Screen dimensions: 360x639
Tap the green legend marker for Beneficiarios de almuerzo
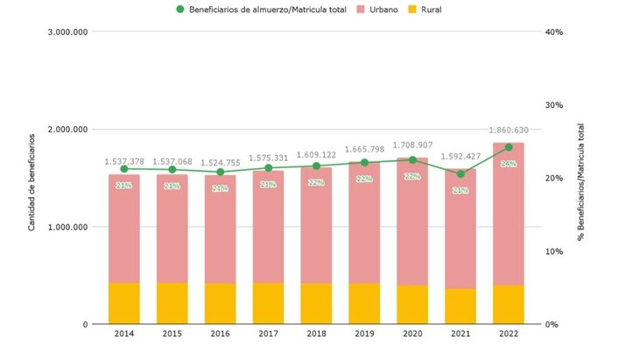tap(181, 10)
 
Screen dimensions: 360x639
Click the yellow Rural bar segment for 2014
tap(124, 303)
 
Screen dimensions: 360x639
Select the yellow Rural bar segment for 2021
tap(460, 306)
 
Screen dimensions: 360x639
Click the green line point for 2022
tap(508, 147)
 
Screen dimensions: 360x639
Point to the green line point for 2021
tap(460, 173)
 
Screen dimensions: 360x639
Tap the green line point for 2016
tap(220, 172)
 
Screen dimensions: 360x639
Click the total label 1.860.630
tap(508, 130)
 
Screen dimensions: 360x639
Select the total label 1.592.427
tap(460, 158)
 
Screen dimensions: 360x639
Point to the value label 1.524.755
tap(220, 162)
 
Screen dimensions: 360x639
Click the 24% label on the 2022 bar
tap(508, 164)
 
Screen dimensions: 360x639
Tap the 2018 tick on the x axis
tap(316, 335)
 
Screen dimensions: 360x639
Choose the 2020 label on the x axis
tap(412, 335)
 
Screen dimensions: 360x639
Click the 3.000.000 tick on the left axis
tap(66, 32)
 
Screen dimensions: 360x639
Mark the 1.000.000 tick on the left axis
tap(66, 227)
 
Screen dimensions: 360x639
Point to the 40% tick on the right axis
tap(553, 32)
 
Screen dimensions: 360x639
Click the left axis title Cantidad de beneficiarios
tap(32, 182)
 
